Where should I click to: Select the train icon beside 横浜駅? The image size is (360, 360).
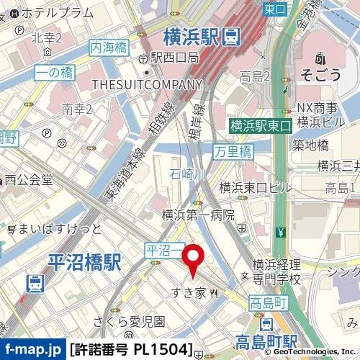(x=231, y=36)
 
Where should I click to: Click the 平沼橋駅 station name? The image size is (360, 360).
(x=85, y=263)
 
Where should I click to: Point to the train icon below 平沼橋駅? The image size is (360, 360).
(x=36, y=283)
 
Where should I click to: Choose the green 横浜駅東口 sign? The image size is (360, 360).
(x=260, y=126)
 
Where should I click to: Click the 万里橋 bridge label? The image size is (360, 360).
(x=233, y=151)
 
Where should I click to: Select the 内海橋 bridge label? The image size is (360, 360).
(x=109, y=48)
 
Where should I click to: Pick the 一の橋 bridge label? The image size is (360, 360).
(x=54, y=73)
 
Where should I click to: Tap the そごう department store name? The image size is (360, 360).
(x=321, y=75)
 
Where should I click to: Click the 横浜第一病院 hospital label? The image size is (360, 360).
(x=198, y=215)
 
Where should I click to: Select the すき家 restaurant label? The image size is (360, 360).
(x=188, y=292)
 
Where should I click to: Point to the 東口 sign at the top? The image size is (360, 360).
(x=275, y=8)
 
